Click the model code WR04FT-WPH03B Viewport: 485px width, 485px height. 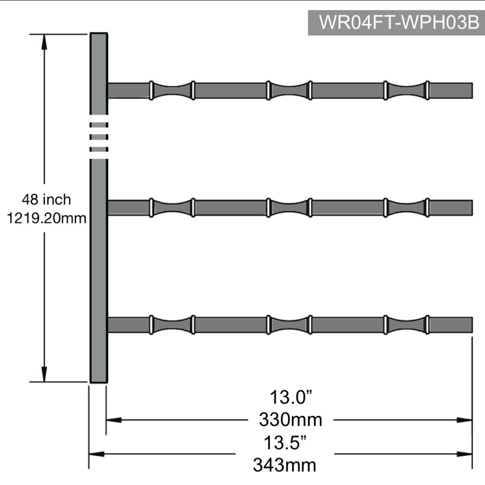point(399,23)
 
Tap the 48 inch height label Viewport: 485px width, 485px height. point(46,200)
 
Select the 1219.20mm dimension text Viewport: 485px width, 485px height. point(46,218)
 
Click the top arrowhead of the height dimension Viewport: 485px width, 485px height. point(44,41)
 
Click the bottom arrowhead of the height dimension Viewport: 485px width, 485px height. point(44,374)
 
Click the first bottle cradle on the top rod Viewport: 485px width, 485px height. point(172,90)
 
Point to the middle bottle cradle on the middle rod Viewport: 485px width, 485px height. point(289,208)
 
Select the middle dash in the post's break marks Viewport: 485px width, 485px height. point(99,137)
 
